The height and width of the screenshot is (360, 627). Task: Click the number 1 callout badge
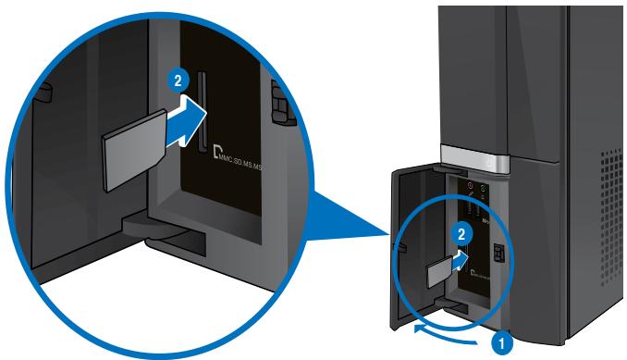[x=505, y=341]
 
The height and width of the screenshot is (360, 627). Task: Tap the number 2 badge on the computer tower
[x=454, y=235]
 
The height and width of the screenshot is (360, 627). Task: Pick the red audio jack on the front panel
[x=469, y=188]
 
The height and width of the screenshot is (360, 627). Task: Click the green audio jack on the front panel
[x=484, y=189]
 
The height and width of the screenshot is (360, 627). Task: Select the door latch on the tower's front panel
[x=498, y=252]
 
